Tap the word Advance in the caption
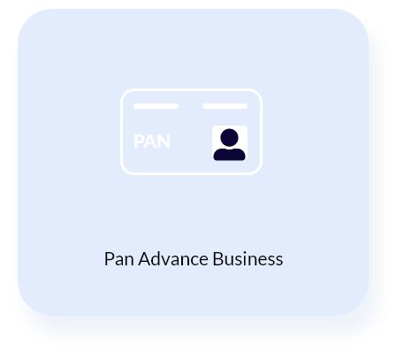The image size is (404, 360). [173, 259]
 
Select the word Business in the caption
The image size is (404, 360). [248, 259]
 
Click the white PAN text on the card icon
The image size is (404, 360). [152, 142]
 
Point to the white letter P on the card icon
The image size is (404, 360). [138, 142]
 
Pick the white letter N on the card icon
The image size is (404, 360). [164, 142]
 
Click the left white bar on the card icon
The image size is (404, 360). [156, 106]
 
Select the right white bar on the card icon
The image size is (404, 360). [225, 106]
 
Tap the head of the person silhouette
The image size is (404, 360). [229, 137]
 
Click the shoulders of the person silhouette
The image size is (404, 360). [229, 155]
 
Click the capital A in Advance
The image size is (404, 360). [145, 259]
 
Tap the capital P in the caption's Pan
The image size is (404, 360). [109, 259]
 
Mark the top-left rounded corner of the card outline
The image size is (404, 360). [125, 93]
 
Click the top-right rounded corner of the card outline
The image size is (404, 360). [258, 93]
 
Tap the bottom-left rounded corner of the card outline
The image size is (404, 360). [125, 171]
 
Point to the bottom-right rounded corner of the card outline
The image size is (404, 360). [258, 171]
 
